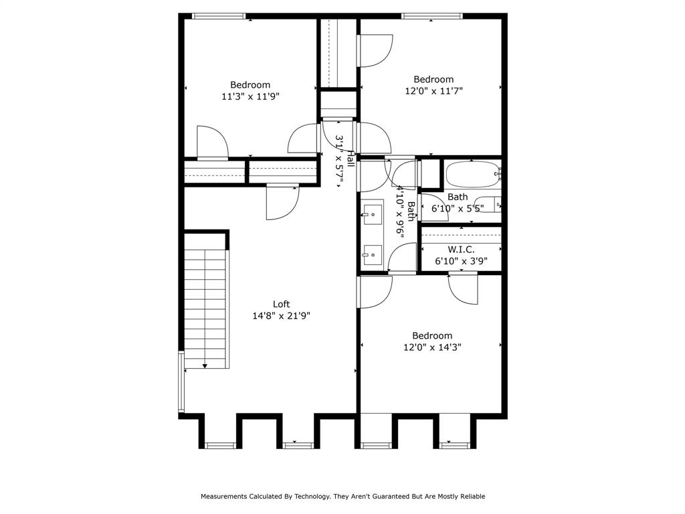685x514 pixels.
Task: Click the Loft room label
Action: pyautogui.click(x=281, y=304)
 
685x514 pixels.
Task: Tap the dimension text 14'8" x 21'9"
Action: pyautogui.click(x=281, y=316)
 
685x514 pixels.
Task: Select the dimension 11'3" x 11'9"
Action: pyautogui.click(x=250, y=96)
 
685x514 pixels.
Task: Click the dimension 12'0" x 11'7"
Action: pyautogui.click(x=433, y=91)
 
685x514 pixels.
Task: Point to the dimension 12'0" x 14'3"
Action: pyautogui.click(x=432, y=347)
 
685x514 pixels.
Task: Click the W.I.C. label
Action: pyautogui.click(x=461, y=249)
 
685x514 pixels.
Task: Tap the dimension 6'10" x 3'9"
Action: pyautogui.click(x=461, y=261)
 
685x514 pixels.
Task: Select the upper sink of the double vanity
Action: pyautogui.click(x=372, y=215)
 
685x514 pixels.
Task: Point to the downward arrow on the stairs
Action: pyautogui.click(x=204, y=364)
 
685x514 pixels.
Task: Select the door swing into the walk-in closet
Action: pyautogui.click(x=464, y=288)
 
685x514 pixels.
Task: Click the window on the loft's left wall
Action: pyautogui.click(x=181, y=381)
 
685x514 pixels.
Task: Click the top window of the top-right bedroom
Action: pyautogui.click(x=431, y=16)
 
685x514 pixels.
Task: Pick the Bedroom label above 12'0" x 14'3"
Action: pyautogui.click(x=432, y=335)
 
